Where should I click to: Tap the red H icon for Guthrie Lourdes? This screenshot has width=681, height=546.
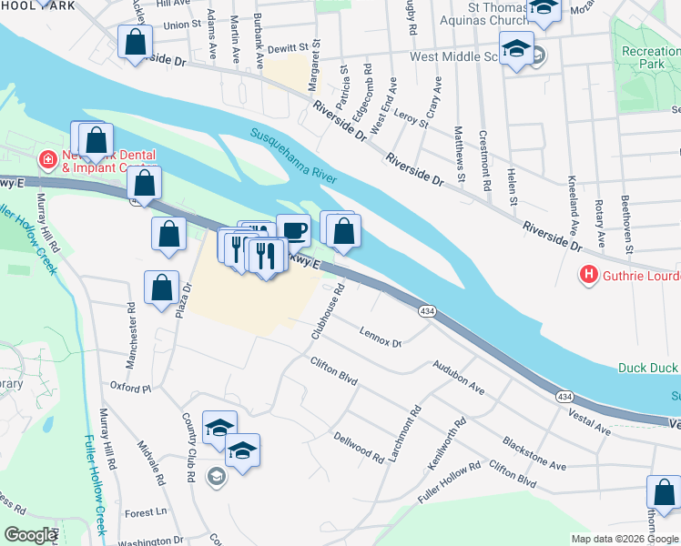point(589,274)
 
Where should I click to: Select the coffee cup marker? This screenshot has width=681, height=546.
point(292,230)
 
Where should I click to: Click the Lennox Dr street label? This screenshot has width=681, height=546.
point(381,337)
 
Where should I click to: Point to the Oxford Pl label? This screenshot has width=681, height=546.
point(130,387)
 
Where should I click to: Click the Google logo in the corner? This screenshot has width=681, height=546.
point(30,535)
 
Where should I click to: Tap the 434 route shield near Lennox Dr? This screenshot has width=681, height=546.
point(426,311)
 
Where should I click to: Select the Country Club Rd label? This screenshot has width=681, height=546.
point(189,447)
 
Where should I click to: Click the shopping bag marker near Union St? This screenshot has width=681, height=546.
point(135,42)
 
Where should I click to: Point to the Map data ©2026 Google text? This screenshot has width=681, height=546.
point(625,539)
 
